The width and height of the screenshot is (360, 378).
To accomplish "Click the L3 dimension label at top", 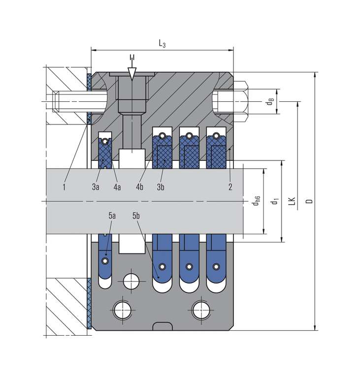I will point(162,44).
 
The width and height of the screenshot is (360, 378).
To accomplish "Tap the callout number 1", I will point(64,187).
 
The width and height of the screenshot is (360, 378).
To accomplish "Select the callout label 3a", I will point(96,187).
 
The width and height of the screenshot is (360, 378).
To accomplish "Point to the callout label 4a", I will point(117,187).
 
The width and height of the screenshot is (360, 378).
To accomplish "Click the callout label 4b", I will point(140,187).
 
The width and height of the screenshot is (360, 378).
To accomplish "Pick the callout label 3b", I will point(160,187).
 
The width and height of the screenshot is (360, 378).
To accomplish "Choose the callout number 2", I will point(230,187).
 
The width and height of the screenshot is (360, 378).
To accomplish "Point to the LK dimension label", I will point(293,201).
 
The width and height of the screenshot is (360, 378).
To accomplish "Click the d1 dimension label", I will point(276,201).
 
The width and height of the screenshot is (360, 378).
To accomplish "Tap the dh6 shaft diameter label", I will point(257,201).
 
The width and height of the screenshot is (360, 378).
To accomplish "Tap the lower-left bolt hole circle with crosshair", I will point(121,310).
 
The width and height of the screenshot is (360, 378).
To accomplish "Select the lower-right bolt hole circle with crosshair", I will point(200,310).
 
